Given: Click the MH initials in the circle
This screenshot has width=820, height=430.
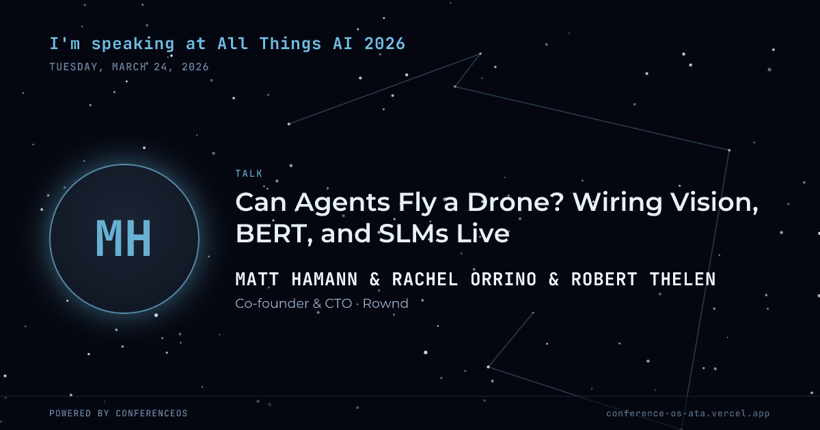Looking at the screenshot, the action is point(124,238).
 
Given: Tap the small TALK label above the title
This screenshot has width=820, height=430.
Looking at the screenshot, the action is point(249,173).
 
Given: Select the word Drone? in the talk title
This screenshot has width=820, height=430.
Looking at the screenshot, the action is point(515,202).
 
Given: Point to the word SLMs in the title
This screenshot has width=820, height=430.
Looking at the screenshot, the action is point(413,233).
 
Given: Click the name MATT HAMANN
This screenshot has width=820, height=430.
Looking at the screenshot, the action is point(297,279).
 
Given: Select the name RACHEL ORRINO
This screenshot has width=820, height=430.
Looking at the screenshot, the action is point(464,279).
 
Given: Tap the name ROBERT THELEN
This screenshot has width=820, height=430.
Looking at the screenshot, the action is point(644,279).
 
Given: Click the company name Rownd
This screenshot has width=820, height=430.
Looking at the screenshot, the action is point(385,304).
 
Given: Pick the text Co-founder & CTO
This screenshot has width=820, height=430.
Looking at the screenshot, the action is point(294,304).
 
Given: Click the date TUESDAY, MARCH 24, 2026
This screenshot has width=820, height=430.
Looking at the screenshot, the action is point(129,67).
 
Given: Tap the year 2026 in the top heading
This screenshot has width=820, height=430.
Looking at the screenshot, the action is point(385,44).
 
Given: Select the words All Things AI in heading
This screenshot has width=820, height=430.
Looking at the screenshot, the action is point(285,44).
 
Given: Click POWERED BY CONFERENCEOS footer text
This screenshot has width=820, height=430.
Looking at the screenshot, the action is point(119,413).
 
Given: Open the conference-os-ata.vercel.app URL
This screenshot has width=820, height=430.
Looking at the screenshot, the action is point(688,414).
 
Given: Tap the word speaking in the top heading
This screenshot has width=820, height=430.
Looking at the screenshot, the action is point(133,44).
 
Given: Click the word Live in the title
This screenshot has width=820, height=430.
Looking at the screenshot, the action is point(483,233).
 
